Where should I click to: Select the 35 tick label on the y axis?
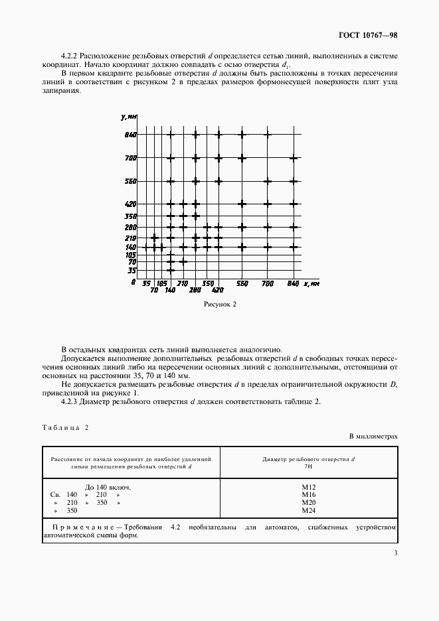(132, 271)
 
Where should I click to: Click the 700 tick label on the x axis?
(267, 283)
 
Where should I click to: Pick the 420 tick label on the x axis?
(217, 290)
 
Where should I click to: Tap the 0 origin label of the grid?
(133, 283)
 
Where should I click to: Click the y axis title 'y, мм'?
(129, 117)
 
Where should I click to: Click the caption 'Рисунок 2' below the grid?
(219, 305)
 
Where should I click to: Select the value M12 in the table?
(308, 487)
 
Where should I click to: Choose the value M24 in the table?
(308, 511)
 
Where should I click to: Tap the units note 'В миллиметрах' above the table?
(373, 437)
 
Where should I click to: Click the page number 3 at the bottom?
(395, 553)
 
